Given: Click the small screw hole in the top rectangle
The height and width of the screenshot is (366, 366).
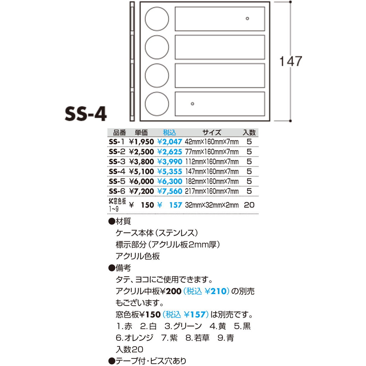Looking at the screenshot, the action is [x=247, y=19].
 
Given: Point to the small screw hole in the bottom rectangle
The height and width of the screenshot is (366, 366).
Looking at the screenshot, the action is [x=192, y=104].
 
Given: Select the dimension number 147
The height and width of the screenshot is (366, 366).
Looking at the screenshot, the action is [x=291, y=61].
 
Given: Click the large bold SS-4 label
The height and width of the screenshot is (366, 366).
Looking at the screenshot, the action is [x=86, y=114].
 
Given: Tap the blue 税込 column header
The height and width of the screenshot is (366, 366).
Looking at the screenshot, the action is [x=169, y=133].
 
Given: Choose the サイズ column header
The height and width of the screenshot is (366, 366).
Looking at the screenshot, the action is [x=212, y=133].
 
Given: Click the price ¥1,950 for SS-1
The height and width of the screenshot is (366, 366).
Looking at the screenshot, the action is [x=142, y=142].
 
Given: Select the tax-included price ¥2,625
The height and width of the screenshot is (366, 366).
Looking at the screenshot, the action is [x=170, y=152].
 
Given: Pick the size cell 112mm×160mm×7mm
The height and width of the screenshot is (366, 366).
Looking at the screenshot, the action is [x=212, y=162].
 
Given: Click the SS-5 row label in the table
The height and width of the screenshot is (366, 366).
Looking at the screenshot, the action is [x=117, y=181].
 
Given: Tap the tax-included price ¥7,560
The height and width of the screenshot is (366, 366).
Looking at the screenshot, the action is [x=170, y=191].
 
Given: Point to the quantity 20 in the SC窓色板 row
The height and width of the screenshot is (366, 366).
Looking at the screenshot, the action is [x=249, y=205].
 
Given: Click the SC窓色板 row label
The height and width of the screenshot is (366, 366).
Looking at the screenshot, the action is [x=117, y=205].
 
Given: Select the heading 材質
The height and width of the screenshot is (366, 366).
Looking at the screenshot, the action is [x=123, y=221].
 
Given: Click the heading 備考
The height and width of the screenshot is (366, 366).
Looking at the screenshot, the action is [x=123, y=268].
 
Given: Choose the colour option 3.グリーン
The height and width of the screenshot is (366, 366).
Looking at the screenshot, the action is [x=183, y=326].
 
